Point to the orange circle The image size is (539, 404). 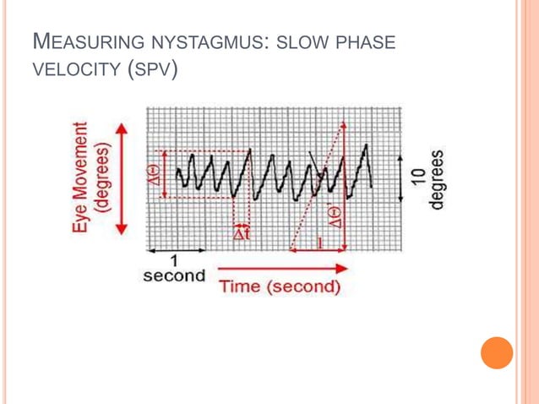click(x=497, y=352)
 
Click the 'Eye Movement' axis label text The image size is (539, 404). click(x=80, y=177)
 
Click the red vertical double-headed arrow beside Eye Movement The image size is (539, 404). click(x=122, y=177)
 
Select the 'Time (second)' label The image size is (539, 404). click(x=280, y=287)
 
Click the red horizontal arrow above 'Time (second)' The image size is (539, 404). click(x=283, y=269)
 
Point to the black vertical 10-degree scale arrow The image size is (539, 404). click(x=399, y=177)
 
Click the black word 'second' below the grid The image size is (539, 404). click(x=174, y=276)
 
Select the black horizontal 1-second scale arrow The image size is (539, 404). click(x=177, y=251)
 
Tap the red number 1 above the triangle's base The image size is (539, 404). click(x=319, y=243)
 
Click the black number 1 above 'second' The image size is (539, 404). click(x=174, y=260)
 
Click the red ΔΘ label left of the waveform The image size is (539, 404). click(x=155, y=177)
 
